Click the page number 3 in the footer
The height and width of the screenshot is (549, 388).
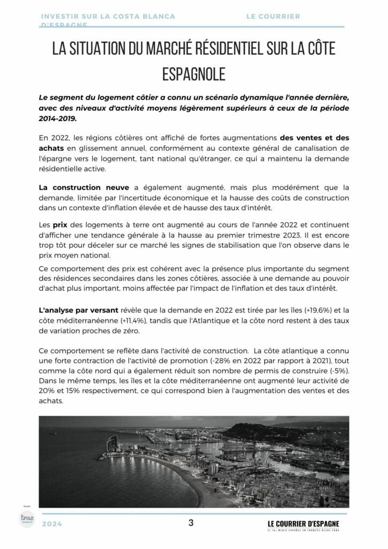[x=191, y=523]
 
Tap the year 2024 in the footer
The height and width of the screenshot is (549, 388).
[x=51, y=524]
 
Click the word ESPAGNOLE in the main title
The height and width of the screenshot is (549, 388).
[x=193, y=74]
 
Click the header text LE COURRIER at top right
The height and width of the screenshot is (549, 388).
[x=273, y=17]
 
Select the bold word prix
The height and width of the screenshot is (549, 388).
[x=59, y=226]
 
